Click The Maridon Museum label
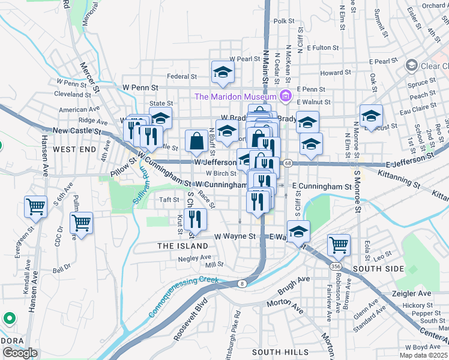point(234,97)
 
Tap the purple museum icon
point(285,96)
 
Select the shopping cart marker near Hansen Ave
point(36,207)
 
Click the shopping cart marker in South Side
point(339,244)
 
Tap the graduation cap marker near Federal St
point(223,73)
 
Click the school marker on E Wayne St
point(298,231)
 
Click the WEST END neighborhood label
point(74,148)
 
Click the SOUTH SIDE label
point(379,269)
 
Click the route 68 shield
point(288,163)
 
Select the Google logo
point(20,352)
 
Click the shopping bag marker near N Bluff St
point(196,142)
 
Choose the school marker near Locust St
point(371,115)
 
